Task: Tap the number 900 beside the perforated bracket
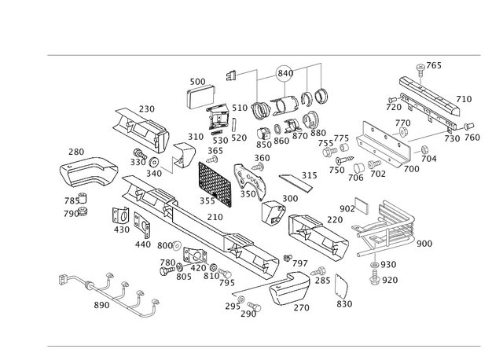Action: [424, 244]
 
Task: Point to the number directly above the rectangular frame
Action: [199, 81]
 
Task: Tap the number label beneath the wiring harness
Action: [101, 306]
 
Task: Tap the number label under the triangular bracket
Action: [343, 302]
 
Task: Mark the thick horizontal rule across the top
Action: [263, 55]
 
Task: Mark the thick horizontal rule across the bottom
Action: [263, 344]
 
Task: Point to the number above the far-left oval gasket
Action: [75, 151]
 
